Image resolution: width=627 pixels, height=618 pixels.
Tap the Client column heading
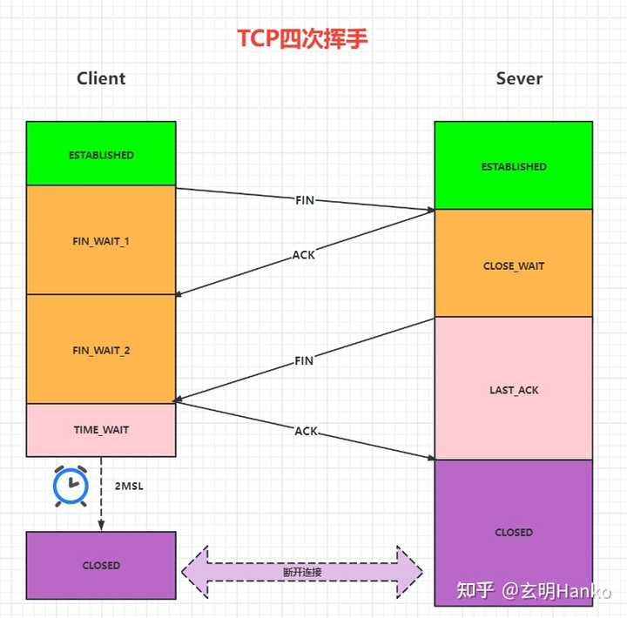101,78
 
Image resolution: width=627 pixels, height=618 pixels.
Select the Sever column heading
519,78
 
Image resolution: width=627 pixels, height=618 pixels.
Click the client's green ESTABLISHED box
101,154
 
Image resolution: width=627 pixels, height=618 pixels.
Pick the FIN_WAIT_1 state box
101,240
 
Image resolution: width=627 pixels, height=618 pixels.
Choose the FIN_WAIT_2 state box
101,350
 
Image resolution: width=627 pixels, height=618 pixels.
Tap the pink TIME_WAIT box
101,429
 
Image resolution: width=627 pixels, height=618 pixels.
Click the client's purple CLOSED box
101,565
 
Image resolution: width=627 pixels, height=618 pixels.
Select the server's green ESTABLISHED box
514,166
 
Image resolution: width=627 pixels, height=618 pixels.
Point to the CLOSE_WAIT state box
514,265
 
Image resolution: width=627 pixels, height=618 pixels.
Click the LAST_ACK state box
514,390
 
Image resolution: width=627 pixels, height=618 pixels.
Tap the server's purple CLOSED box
514,532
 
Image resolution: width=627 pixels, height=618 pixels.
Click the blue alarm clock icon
71,487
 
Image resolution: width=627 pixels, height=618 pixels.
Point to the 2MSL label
129,486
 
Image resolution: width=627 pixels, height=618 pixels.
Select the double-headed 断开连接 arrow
302,572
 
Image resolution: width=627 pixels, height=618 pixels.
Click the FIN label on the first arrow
304,200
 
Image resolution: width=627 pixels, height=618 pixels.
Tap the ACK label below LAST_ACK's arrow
306,432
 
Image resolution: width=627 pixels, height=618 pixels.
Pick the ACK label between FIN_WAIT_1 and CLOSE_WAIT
304,255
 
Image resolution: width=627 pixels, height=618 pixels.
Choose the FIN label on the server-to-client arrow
303,360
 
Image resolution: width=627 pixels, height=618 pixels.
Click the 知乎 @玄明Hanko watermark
535,591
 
